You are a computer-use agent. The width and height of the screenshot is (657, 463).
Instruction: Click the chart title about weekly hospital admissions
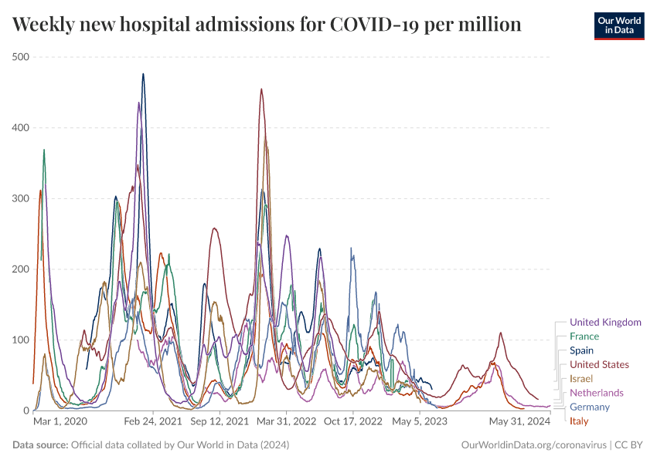[x=267, y=25]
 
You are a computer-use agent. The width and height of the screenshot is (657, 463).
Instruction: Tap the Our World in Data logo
[x=618, y=25]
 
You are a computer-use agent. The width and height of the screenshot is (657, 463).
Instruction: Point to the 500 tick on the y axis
[x=20, y=57]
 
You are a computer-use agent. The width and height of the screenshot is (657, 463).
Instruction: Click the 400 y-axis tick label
[x=20, y=127]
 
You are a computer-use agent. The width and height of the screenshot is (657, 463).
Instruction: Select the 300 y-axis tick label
[x=20, y=198]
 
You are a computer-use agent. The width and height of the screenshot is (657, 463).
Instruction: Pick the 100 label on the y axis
[x=20, y=340]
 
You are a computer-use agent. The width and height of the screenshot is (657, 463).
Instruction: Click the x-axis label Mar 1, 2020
[x=60, y=422]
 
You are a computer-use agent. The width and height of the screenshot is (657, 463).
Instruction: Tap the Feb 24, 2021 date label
[x=152, y=422]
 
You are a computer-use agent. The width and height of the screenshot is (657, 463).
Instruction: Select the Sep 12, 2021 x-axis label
[x=220, y=422]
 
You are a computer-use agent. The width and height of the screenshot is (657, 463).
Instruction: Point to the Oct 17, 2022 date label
[x=354, y=422]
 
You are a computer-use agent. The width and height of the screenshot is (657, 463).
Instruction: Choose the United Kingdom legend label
[x=605, y=322]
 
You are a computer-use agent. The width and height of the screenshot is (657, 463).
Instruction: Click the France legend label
[x=584, y=336]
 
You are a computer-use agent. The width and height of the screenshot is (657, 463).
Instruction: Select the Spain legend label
[x=582, y=350]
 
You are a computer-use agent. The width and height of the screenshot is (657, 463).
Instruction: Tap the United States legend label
[x=599, y=364]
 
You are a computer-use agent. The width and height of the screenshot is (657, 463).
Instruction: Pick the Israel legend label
[x=581, y=378]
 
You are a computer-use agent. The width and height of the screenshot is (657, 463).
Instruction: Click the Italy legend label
[x=579, y=421]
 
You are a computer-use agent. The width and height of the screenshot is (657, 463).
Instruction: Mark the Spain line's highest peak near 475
[x=143, y=75]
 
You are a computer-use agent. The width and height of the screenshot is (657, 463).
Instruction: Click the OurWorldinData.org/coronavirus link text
[x=533, y=445]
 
